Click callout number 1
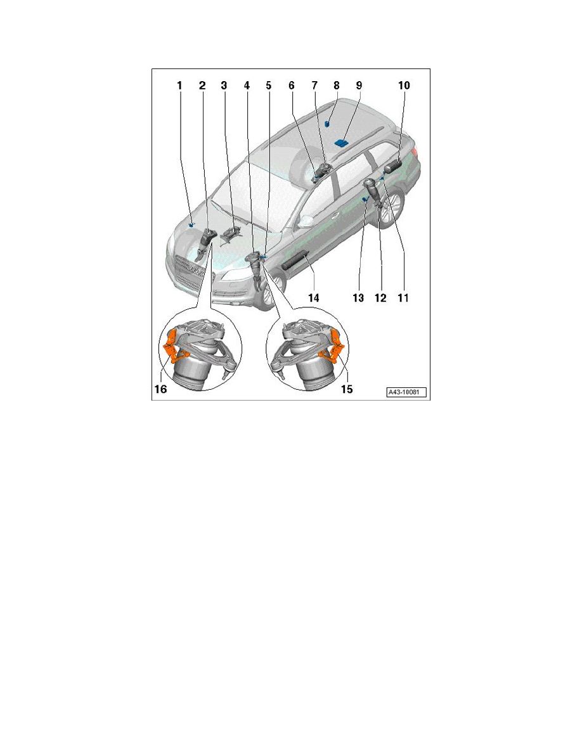pyautogui.click(x=179, y=85)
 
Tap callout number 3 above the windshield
pyautogui.click(x=224, y=85)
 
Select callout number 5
pyautogui.click(x=268, y=85)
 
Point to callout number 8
pyautogui.click(x=337, y=85)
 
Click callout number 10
pyautogui.click(x=403, y=85)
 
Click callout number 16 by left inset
pyautogui.click(x=161, y=389)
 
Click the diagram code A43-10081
pyautogui.click(x=406, y=393)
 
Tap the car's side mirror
pyautogui.click(x=307, y=221)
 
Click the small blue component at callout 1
pyautogui.click(x=191, y=223)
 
